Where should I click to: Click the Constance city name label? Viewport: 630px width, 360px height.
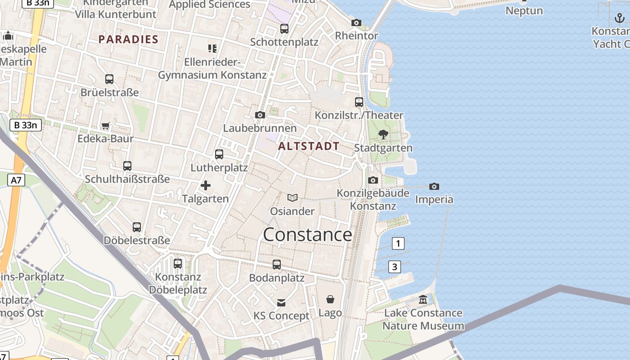pos(307,235)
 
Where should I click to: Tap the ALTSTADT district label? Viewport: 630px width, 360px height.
pos(309,146)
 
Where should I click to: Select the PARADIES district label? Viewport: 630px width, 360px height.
pos(128,39)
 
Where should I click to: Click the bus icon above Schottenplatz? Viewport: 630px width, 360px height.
pos(284,29)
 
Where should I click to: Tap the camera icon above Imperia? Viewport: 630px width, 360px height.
pos(434,186)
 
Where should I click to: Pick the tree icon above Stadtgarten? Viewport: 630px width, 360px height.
pos(383,134)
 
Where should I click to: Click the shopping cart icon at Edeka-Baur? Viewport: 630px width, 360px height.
pos(105,126)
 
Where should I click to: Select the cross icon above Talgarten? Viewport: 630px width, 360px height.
pos(206,185)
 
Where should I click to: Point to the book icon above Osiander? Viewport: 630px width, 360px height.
pos(292,198)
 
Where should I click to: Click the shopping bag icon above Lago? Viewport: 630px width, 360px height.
pos(330,299)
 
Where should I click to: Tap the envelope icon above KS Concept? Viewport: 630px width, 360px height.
pos(281,302)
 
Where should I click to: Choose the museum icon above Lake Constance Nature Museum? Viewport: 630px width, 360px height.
pos(423,299)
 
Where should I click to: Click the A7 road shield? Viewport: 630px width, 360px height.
pos(16,180)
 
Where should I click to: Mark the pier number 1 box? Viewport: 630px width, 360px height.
pos(398,243)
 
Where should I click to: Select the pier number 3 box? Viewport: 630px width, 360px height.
pos(394,267)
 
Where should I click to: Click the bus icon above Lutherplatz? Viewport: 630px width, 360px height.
pos(219,154)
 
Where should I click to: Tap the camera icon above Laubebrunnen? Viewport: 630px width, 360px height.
pos(260,115)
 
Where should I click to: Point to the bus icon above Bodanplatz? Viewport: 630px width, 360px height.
pos(277,265)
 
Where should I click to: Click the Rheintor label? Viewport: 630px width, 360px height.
pos(356,35)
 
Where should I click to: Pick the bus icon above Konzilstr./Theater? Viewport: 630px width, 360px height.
pos(359,102)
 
